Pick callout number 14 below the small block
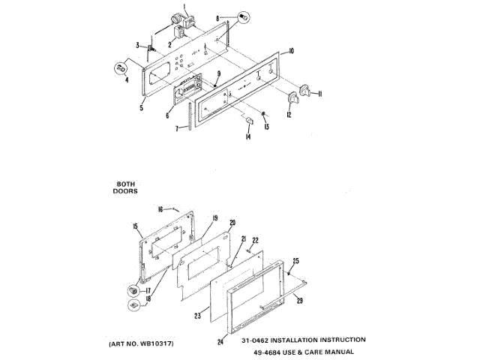(x=247, y=137)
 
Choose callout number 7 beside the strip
(x=176, y=129)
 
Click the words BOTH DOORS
(x=126, y=186)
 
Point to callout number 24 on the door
(x=221, y=342)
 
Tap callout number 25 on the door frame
(x=295, y=260)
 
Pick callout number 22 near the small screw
(x=255, y=240)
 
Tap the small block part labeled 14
(x=247, y=121)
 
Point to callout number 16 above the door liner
(x=160, y=209)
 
